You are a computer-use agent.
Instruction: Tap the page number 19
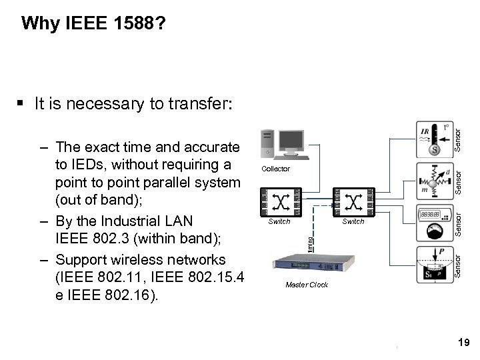pyautogui.click(x=465, y=342)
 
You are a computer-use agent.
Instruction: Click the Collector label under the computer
pyautogui.click(x=275, y=169)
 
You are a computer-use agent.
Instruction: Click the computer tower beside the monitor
pyautogui.click(x=267, y=143)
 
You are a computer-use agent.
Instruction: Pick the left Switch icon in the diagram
pyautogui.click(x=279, y=201)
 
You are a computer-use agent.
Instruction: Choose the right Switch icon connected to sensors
pyautogui.click(x=353, y=201)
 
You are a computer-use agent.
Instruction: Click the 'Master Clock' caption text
pyautogui.click(x=306, y=285)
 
